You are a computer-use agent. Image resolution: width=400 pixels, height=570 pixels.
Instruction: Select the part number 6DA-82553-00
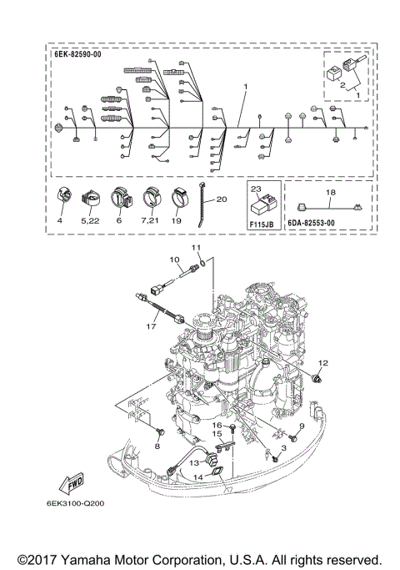(310, 224)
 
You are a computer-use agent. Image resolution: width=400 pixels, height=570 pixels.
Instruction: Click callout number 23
(256, 189)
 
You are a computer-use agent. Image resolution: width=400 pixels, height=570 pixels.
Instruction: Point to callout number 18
(329, 192)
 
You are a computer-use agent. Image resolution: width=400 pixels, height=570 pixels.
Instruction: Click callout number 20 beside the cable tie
(221, 200)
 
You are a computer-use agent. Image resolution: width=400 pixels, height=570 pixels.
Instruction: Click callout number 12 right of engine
(322, 363)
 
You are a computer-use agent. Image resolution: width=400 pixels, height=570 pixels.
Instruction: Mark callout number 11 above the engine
(197, 249)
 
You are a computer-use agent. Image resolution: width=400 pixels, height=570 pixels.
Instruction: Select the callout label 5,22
(91, 221)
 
